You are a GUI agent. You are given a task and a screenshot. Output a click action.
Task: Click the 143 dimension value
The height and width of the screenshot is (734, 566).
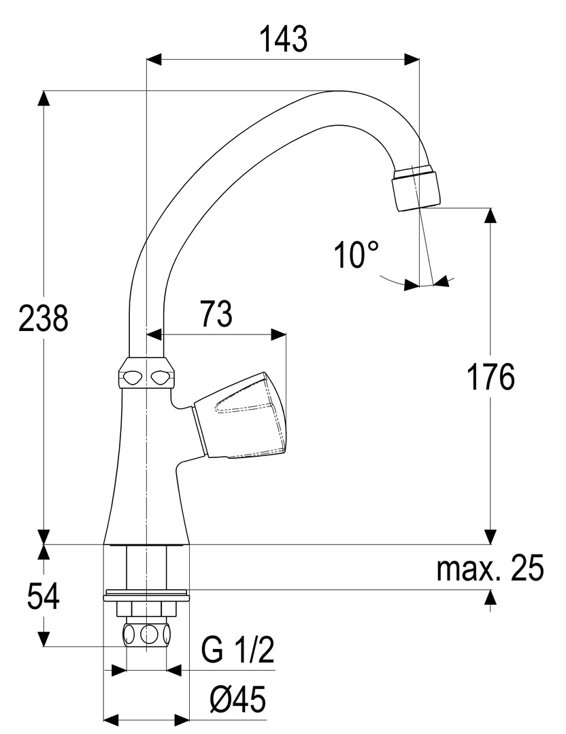pyautogui.click(x=282, y=40)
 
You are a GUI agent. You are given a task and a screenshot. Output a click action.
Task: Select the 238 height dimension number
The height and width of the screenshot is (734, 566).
pyautogui.click(x=44, y=318)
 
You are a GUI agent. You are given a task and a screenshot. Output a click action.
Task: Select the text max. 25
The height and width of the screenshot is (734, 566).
pyautogui.click(x=490, y=570)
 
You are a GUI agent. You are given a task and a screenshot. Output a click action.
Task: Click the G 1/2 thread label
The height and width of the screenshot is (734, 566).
pyautogui.click(x=237, y=652)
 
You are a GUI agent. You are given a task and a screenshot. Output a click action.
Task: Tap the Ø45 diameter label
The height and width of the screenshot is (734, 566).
pyautogui.click(x=237, y=699)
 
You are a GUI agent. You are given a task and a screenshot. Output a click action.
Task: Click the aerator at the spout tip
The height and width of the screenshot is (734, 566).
pyautogui.click(x=416, y=187)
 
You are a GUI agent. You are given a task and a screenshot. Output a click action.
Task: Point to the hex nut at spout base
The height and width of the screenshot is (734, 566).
pyautogui.click(x=146, y=374)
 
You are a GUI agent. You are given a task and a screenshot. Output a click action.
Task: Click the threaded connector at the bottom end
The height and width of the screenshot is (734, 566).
pyautogui.click(x=146, y=636)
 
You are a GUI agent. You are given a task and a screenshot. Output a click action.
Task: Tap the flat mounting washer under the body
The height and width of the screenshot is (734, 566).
pyautogui.click(x=146, y=598)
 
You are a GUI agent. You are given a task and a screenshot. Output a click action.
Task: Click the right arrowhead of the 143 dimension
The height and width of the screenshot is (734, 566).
pyautogui.click(x=411, y=60)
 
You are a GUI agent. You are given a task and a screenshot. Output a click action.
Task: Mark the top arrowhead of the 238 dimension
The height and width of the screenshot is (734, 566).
pyautogui.click(x=44, y=99)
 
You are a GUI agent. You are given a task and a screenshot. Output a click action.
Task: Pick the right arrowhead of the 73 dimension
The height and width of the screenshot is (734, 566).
pyautogui.click(x=278, y=334)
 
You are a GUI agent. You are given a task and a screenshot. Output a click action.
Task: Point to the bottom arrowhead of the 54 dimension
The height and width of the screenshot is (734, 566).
pyautogui.click(x=44, y=639)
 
